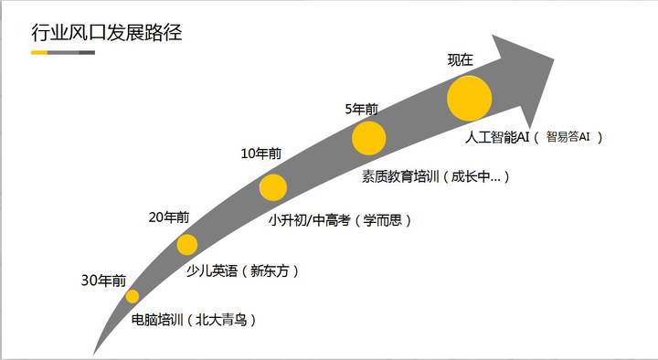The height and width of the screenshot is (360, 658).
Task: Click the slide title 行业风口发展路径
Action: pos(107,32)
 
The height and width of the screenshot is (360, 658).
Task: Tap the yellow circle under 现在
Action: pos(469,99)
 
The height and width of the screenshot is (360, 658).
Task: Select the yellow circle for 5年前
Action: pos(369,138)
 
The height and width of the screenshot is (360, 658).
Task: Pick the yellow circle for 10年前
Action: pos(273,187)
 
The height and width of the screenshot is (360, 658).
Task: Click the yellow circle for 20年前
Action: pos(187,245)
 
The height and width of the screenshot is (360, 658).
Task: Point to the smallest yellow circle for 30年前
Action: pos(133,296)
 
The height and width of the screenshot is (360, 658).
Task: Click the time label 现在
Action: pos(461,60)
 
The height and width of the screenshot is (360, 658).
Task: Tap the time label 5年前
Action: pos(361,109)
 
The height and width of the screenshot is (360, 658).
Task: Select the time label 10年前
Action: pos(261,154)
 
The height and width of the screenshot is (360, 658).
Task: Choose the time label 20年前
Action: pos(169,217)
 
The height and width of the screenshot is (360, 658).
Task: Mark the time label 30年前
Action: pos(103,281)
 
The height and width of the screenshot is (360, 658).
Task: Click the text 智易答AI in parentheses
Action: pos(568,136)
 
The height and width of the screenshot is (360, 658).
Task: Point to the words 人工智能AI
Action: pos(497,137)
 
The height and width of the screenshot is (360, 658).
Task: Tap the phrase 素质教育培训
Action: pos(400,176)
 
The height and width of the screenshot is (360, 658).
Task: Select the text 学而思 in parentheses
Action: pos(382,220)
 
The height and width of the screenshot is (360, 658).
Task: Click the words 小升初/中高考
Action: pos(310,220)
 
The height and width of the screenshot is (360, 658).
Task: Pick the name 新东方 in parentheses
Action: pos(270,271)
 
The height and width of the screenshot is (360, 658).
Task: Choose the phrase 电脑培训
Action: pos(157,320)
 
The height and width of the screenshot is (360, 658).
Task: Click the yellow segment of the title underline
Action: pos(39,52)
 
